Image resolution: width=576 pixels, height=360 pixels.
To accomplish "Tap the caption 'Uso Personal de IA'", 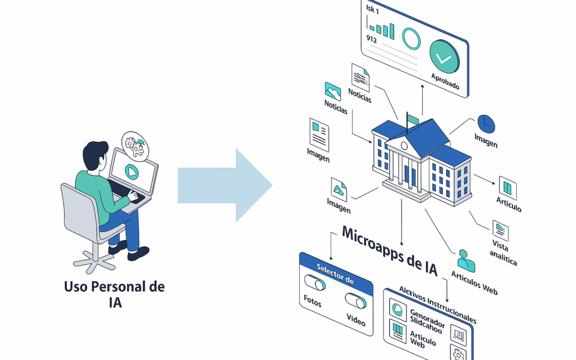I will pyautogui.click(x=115, y=294).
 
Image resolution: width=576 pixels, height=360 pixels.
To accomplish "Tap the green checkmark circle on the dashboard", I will pyautogui.click(x=444, y=57).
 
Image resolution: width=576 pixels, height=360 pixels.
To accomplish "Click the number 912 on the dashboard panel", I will pyautogui.click(x=372, y=38).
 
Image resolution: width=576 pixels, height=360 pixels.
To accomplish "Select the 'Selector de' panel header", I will pyautogui.click(x=335, y=274).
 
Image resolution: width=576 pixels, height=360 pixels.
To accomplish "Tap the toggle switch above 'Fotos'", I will pyautogui.click(x=314, y=283).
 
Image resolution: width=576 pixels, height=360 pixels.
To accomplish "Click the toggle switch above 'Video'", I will pyautogui.click(x=355, y=301).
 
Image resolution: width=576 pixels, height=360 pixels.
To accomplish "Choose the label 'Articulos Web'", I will pyautogui.click(x=474, y=282).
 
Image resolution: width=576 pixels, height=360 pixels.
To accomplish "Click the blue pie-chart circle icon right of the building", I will pyautogui.click(x=486, y=124).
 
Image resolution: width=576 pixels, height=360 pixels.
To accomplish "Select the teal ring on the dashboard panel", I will pyautogui.click(x=411, y=39).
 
